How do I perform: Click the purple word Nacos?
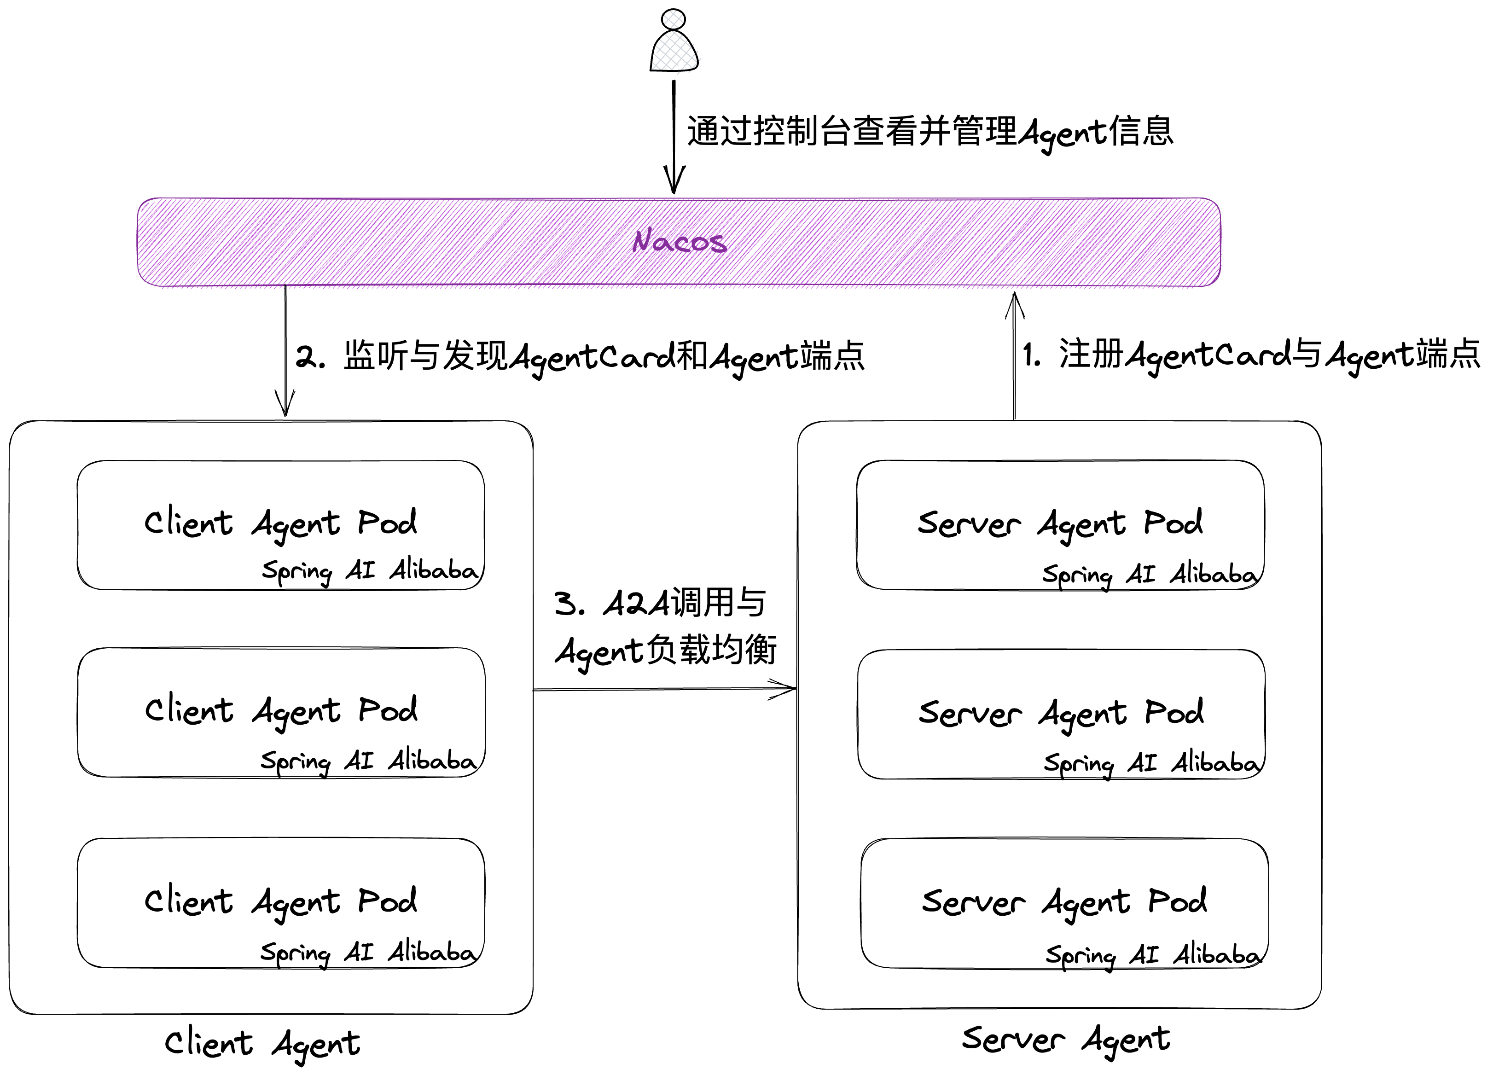680,242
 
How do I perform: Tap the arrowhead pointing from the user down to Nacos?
674,181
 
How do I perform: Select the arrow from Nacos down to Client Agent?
285,349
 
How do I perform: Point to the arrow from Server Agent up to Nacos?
1014,355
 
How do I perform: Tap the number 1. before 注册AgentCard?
1031,356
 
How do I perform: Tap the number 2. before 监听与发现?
309,357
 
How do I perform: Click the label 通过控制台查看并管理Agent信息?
929,132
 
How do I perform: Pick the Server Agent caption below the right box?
1065,1040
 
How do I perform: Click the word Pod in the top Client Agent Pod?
387,523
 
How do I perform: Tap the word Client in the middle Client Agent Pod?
189,711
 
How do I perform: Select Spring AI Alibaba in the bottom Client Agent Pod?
368,953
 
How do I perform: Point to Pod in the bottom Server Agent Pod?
1177,901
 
